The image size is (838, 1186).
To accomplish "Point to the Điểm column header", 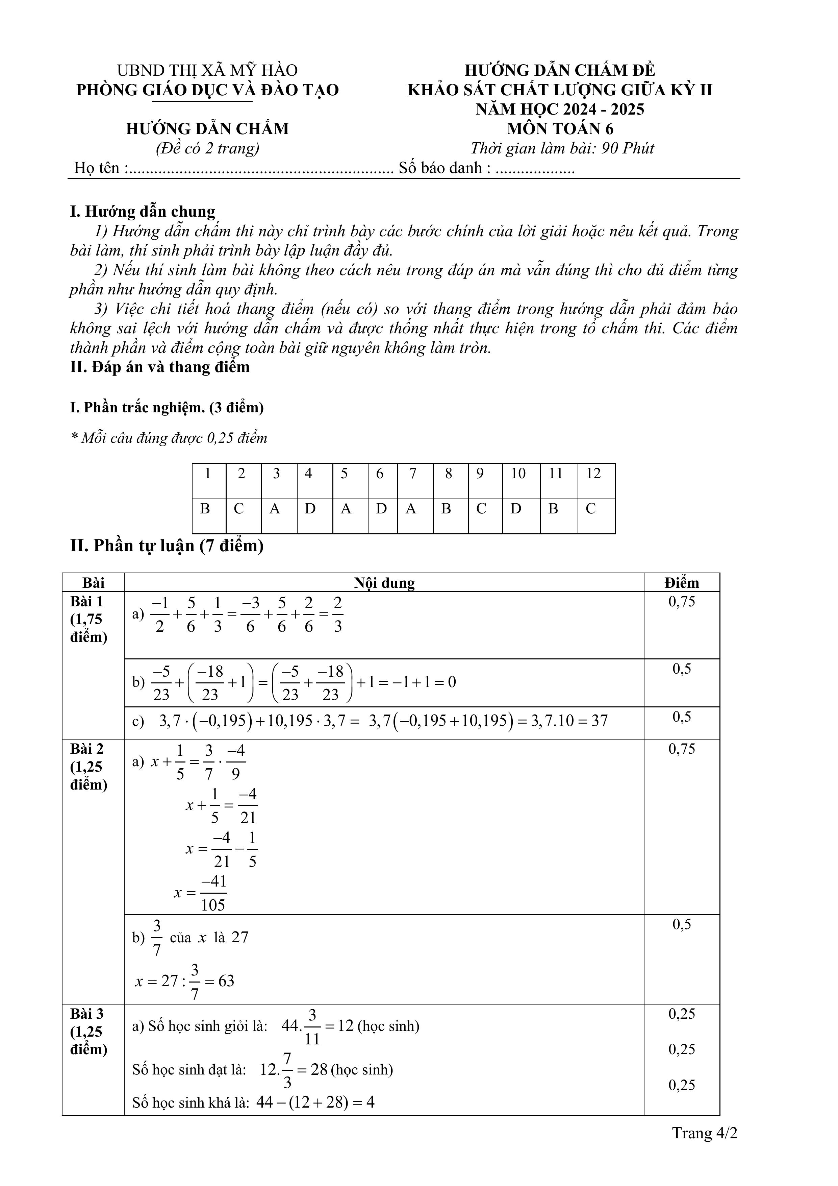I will point(682,583).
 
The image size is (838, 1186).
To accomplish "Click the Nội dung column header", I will point(384,583).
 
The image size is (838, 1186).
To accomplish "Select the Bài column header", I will point(94,583).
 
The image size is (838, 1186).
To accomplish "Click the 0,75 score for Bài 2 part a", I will point(682,749).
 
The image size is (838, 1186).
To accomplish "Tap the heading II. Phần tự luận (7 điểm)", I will point(167,546).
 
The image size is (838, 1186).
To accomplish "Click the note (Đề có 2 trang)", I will point(208,149).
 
